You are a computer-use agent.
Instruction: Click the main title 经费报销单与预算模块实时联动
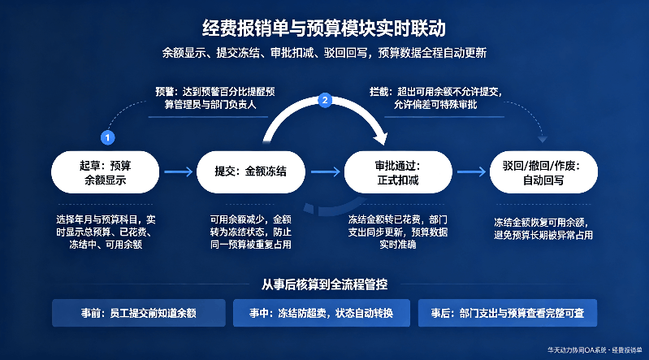coord(324,28)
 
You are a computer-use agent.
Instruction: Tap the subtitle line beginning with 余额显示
coord(324,53)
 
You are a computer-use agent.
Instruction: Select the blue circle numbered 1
coord(107,137)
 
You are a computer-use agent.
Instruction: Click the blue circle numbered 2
coord(325,100)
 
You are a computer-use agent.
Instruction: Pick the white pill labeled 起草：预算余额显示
coord(105,172)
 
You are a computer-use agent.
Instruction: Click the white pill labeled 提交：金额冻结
coord(251,172)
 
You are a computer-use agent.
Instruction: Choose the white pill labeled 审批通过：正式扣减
coord(398,172)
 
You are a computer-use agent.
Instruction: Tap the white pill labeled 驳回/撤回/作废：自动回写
coord(543,172)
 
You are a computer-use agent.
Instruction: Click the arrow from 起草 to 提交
coord(179,171)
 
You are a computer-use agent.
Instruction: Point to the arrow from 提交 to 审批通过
coord(326,171)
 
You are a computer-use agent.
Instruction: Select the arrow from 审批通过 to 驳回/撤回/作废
coord(471,171)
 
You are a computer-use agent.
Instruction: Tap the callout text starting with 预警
coord(214,98)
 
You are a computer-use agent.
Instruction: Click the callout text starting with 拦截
coord(435,98)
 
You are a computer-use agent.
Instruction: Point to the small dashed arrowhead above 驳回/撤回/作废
coord(543,140)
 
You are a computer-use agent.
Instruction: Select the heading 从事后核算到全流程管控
coord(325,284)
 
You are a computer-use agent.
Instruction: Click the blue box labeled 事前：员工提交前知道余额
coord(139,313)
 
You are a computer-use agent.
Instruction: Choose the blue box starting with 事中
coord(322,313)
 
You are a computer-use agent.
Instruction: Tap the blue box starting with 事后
coord(508,313)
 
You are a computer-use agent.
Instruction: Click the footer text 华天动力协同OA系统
coord(578,350)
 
